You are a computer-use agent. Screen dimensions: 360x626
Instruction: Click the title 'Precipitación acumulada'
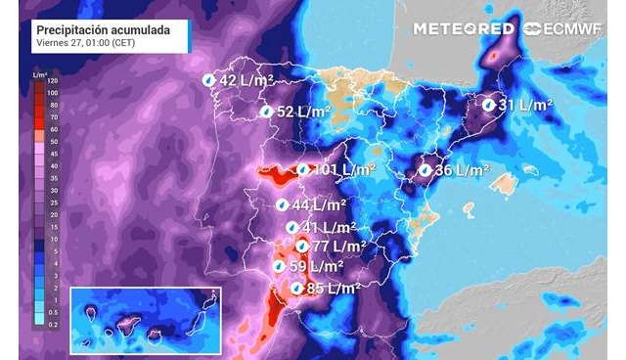[103, 30]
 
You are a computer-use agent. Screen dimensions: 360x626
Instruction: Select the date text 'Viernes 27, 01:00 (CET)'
[84, 44]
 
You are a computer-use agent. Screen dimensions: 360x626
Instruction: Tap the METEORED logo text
[463, 28]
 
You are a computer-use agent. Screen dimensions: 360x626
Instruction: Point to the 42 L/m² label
[244, 80]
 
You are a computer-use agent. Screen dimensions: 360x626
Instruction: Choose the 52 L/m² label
[301, 112]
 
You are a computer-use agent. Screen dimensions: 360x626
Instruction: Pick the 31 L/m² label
[525, 104]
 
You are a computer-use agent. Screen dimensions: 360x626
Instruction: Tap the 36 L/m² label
[461, 170]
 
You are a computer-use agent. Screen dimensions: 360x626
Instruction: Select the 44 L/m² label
[319, 205]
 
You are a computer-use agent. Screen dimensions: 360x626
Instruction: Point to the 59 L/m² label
[316, 266]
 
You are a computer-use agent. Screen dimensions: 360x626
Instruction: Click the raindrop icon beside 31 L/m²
[488, 104]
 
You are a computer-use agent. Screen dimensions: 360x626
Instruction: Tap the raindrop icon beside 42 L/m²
[208, 80]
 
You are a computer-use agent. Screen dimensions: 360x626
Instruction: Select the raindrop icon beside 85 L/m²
[296, 289]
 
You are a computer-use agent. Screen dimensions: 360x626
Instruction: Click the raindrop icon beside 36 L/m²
[425, 170]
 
